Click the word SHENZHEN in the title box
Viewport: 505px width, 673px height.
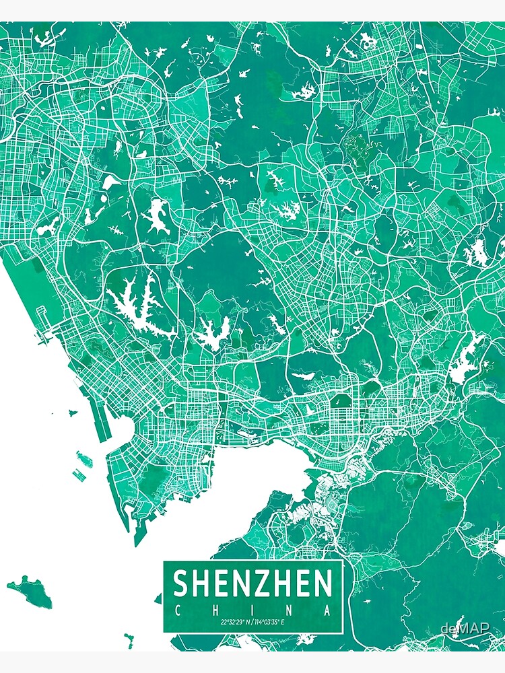tap(253, 583)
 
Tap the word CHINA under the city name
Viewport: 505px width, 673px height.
tap(253, 610)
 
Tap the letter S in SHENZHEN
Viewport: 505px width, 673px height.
tap(182, 583)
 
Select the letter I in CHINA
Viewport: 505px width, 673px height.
tap(253, 610)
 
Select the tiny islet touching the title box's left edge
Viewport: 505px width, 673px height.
tap(159, 597)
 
